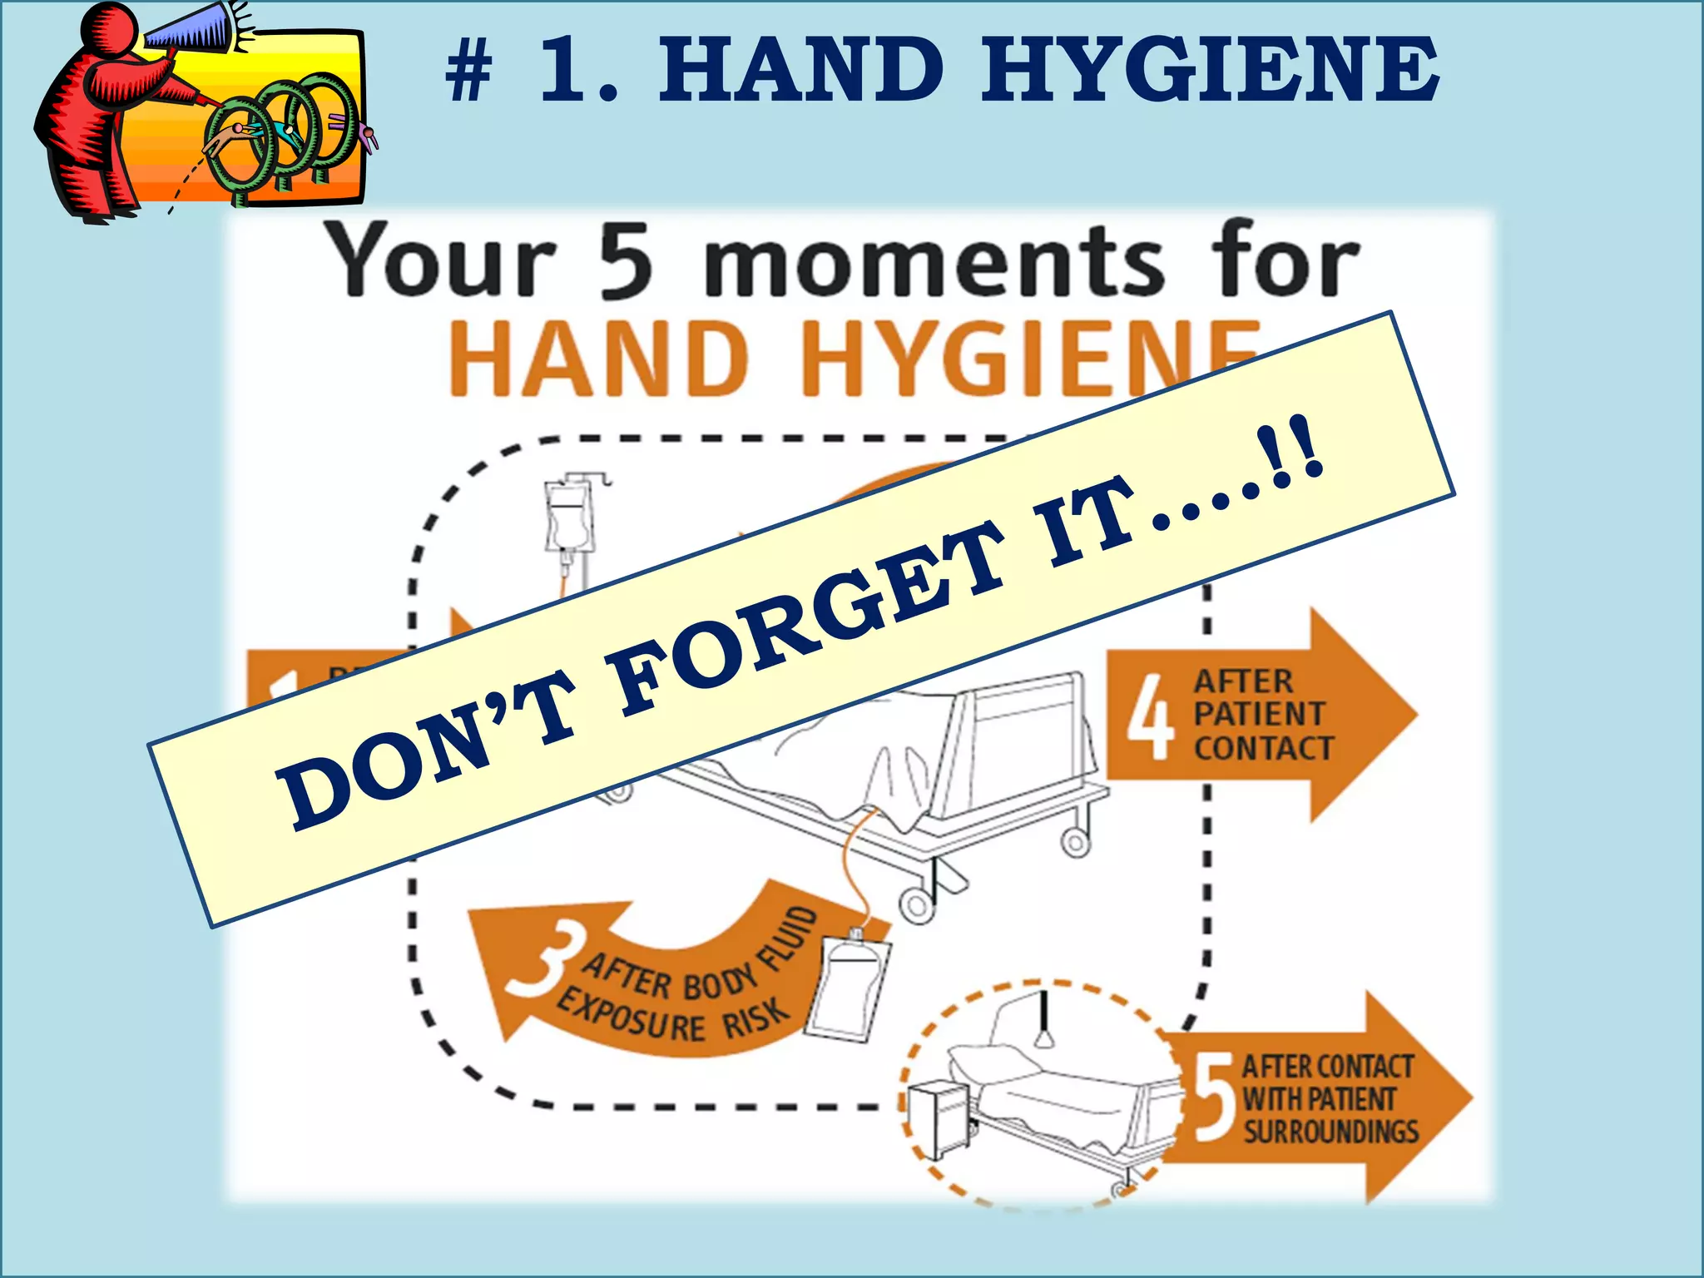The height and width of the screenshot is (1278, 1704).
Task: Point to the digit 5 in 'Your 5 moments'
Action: click(x=626, y=261)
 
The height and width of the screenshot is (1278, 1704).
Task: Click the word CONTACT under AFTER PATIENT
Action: click(x=1263, y=748)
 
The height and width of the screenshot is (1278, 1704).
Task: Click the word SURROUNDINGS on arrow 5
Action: click(x=1330, y=1132)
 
